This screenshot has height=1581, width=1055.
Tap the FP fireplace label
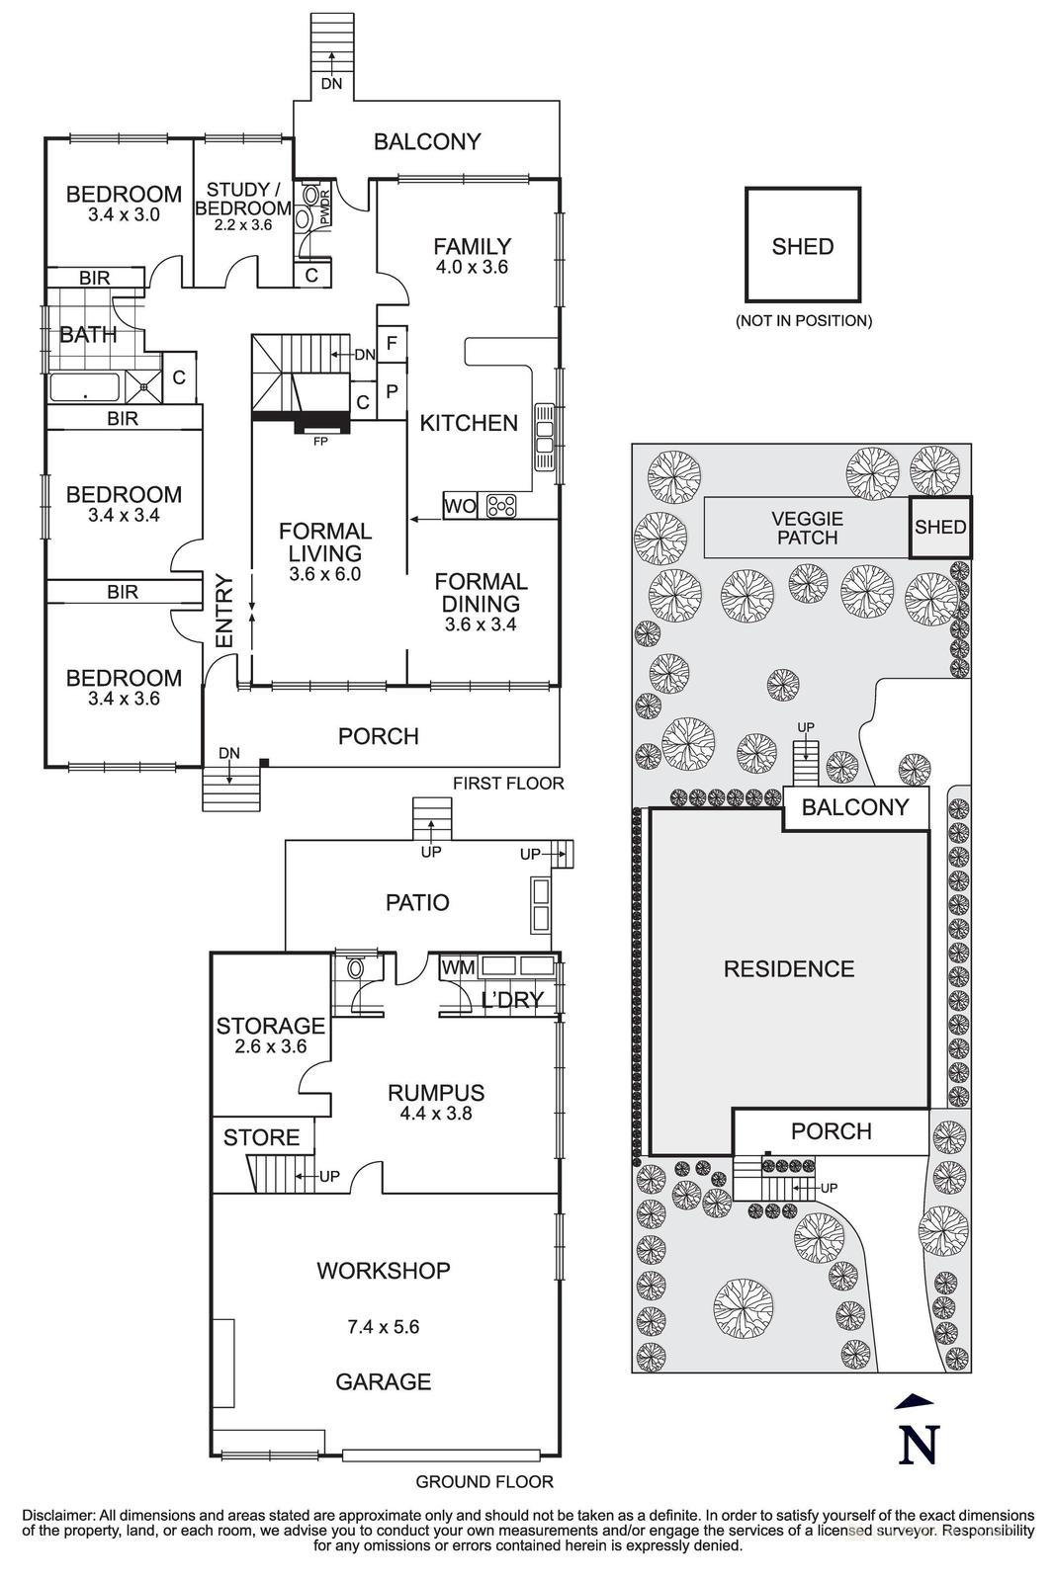coord(320,442)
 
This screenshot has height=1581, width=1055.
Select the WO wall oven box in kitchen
coord(460,506)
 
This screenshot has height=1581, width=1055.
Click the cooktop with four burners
coord(501,506)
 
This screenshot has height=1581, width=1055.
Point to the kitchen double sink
coord(545,438)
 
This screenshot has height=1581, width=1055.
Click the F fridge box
coord(393,344)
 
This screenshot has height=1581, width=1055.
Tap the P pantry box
coord(393,391)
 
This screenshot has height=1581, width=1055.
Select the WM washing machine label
coord(458,967)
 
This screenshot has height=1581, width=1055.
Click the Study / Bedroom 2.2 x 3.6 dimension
coord(242,225)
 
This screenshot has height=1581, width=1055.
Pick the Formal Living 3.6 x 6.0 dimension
coord(325,574)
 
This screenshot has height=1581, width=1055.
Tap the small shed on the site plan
coord(940,528)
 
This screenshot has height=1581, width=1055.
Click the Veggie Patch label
coord(808,528)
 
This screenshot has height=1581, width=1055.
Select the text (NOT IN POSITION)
coord(803,320)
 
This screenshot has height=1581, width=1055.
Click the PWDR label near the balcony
coord(324,208)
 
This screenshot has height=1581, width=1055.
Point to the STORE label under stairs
coord(261,1137)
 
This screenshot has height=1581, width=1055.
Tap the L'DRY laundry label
coord(512,1000)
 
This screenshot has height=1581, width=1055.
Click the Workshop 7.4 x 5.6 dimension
coord(383,1326)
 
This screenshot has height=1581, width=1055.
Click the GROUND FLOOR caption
coord(484,1481)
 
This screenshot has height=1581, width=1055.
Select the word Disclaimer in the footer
coord(55,1515)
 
